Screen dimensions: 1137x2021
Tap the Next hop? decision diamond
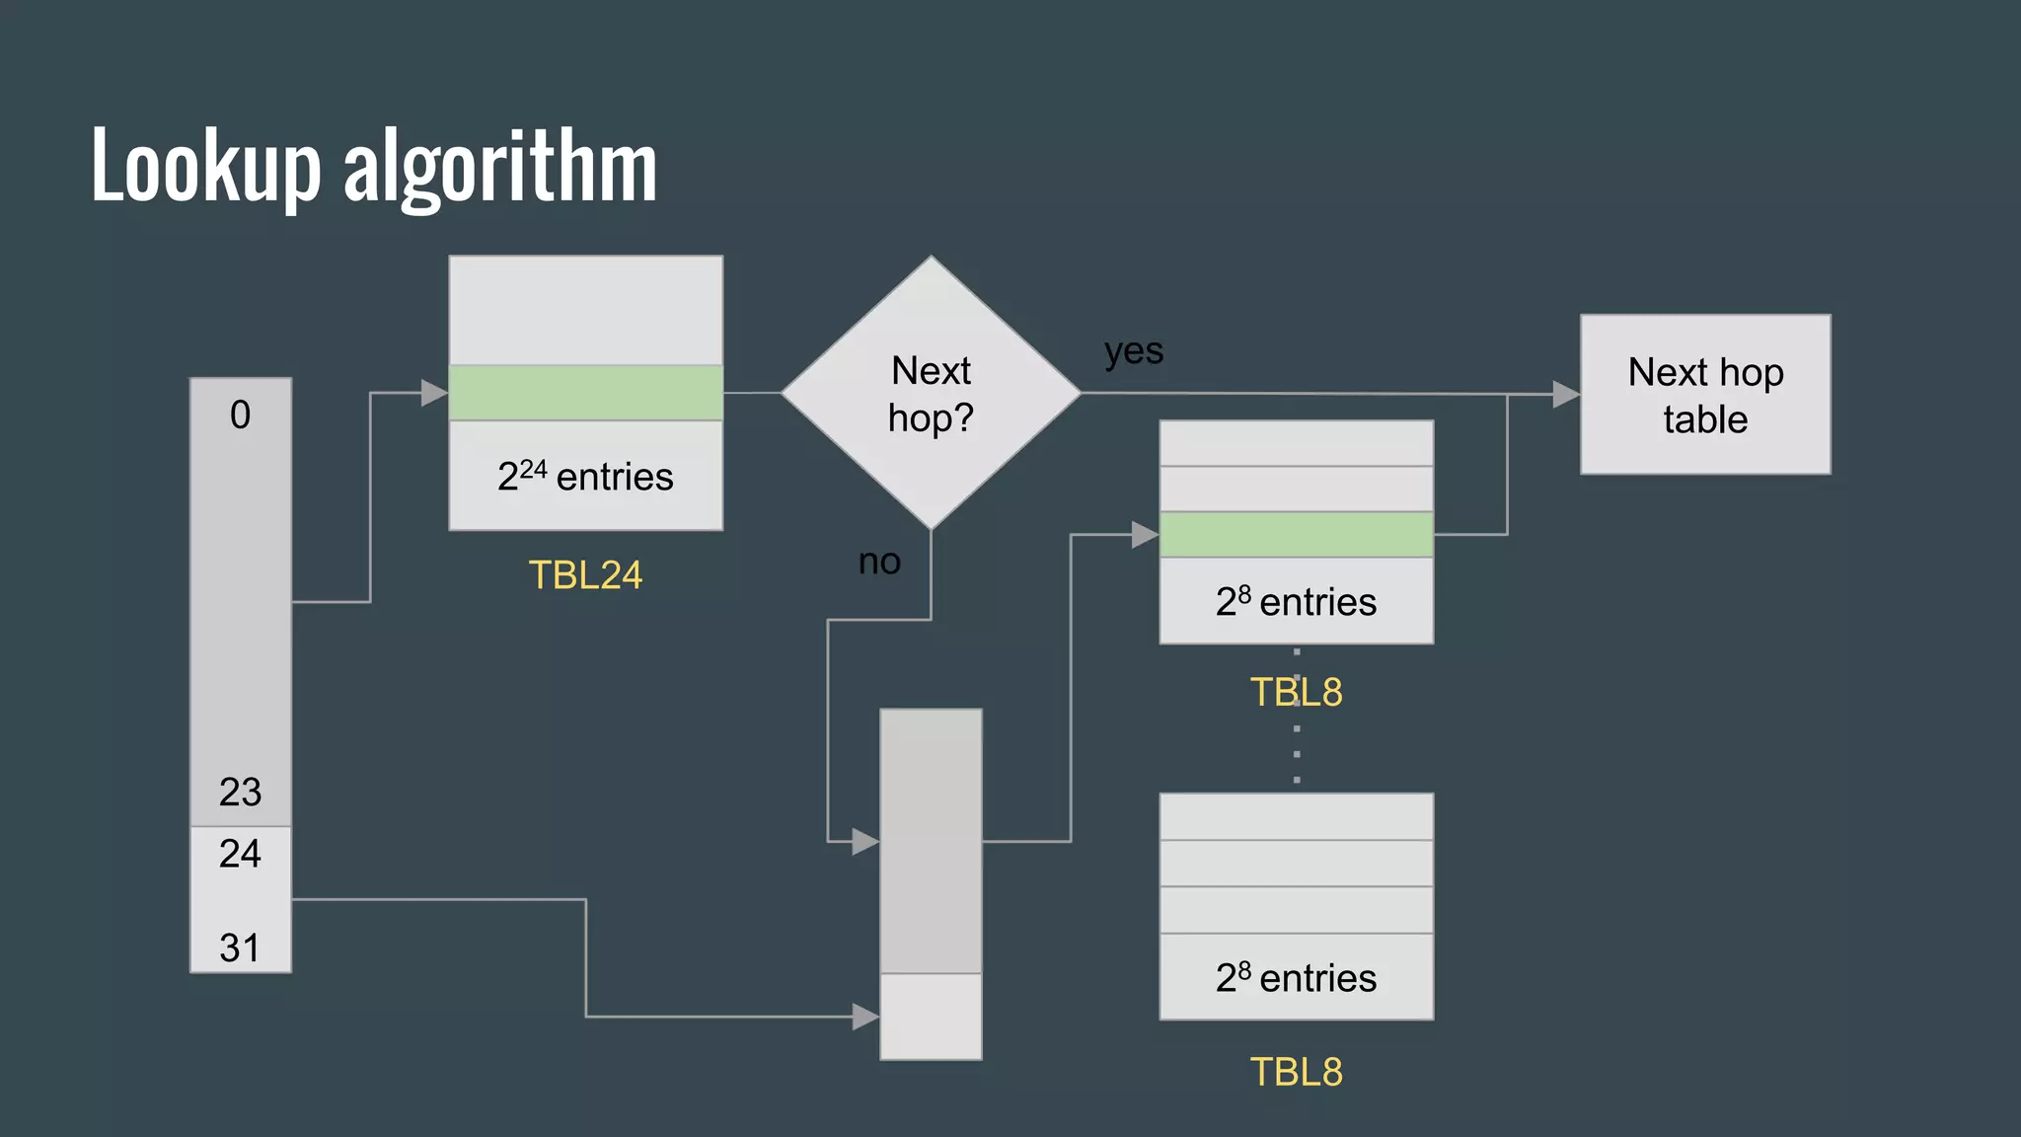[931, 393]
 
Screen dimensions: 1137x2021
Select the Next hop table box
[1704, 395]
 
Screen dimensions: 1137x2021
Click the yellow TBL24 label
[585, 574]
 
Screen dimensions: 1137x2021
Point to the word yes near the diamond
[1134, 351]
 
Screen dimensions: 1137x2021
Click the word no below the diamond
[879, 562]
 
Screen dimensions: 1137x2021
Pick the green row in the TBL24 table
[585, 393]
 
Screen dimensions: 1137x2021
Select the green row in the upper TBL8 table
[1296, 534]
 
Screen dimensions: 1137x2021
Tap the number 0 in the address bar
[240, 415]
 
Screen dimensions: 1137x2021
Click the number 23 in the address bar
[240, 792]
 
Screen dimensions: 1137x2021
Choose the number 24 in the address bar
[240, 853]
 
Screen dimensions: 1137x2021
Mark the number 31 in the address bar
[240, 947]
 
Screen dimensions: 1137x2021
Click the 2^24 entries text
[585, 477]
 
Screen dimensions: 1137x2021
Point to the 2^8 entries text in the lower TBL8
[1296, 977]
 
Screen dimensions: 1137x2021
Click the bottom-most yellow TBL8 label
[1296, 1072]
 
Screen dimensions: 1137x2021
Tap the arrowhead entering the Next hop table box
[1566, 395]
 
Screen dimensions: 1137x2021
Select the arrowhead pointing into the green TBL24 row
[434, 393]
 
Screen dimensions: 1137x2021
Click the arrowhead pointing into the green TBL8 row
[1145, 535]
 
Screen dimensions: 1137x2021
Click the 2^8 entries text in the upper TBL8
[1296, 601]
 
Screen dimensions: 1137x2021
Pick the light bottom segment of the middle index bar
[931, 1017]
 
